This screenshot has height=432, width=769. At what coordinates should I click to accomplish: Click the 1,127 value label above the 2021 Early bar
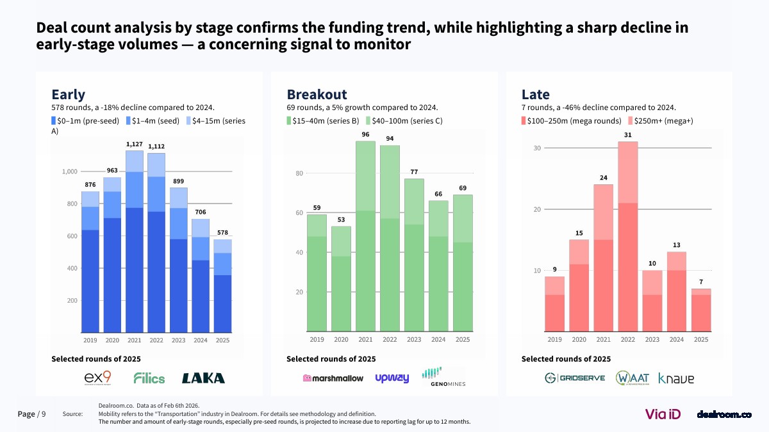click(135, 145)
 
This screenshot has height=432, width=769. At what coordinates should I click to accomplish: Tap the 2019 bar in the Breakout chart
click(317, 273)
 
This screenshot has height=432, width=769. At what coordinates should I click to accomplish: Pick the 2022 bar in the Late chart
click(628, 236)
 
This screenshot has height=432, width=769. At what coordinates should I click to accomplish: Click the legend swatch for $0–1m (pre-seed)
click(54, 120)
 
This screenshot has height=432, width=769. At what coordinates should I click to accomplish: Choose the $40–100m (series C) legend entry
click(404, 120)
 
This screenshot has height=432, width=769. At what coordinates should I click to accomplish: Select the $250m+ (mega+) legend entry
click(660, 120)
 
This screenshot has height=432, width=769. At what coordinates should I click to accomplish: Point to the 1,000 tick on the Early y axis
click(70, 172)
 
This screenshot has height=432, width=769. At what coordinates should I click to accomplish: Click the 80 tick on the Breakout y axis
click(299, 173)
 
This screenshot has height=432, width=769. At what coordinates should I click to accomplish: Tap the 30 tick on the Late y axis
click(538, 148)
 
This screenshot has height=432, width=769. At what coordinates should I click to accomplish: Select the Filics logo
click(149, 378)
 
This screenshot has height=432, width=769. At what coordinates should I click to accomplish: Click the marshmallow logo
click(333, 378)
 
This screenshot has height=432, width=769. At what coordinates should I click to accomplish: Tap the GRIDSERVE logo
click(574, 378)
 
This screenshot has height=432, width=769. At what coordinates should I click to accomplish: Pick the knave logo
click(676, 378)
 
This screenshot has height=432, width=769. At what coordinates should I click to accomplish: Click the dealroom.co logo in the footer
click(724, 415)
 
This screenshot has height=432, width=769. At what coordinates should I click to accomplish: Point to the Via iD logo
click(663, 414)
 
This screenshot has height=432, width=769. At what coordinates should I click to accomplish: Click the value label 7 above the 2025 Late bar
click(701, 282)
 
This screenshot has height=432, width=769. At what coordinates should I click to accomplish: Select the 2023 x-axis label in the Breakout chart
click(414, 340)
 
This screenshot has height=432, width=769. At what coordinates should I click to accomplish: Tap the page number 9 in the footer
click(44, 414)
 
